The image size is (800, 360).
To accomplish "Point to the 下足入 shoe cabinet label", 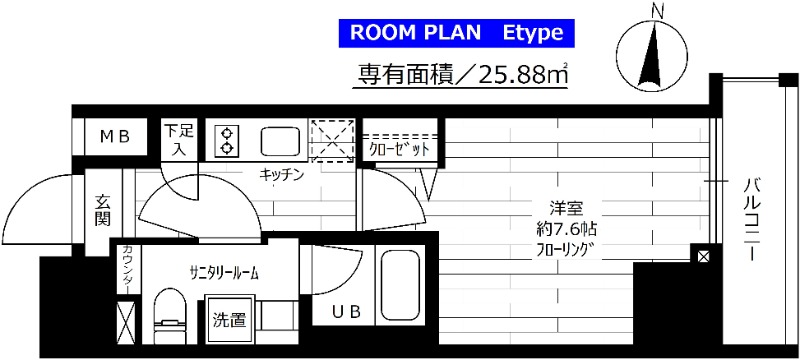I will (179, 140).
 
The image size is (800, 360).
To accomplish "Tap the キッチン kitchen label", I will (281, 174).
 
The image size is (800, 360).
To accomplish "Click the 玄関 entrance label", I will (104, 210).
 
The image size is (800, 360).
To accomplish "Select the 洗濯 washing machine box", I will (229, 321).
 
